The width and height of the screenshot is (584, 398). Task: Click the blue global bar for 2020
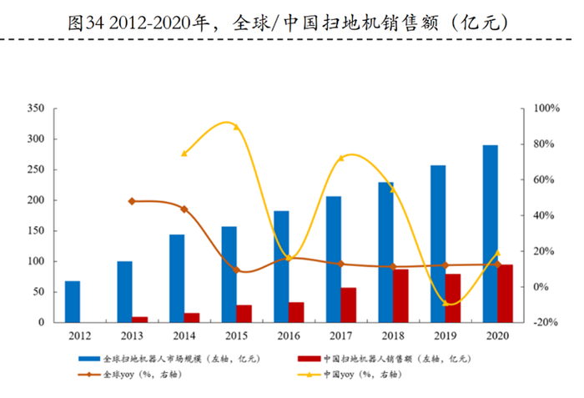pos(490,234)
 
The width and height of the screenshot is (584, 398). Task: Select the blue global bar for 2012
pos(73,301)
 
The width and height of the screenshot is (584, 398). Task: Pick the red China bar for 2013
pos(140,319)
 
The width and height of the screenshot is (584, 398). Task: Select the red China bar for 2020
pos(506,293)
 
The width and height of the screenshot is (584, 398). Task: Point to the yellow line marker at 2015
pos(236,127)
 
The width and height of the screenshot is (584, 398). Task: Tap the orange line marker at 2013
pos(132,201)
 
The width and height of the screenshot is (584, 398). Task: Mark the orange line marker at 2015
pos(236,270)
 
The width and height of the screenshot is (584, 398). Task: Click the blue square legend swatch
pos(93,358)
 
